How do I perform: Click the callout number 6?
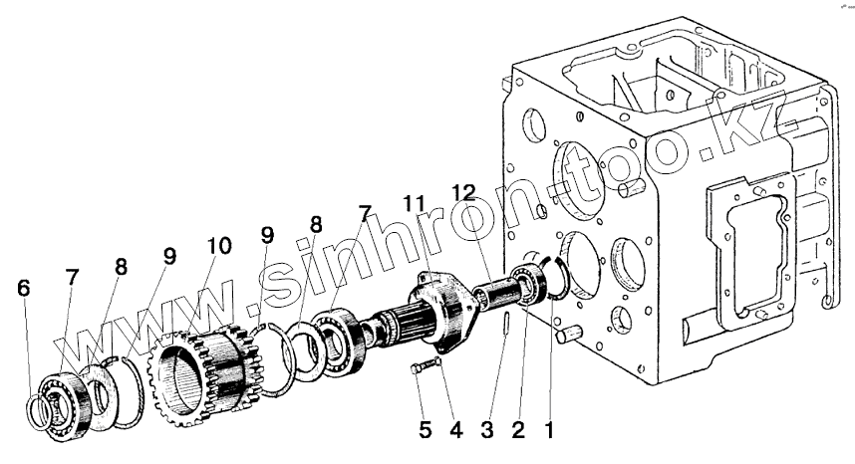[24, 288]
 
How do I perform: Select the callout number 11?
[414, 204]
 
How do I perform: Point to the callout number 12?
[463, 192]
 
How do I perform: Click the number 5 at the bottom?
[426, 430]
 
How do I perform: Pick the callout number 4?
[455, 430]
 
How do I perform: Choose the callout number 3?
[487, 430]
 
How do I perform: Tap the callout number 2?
[518, 430]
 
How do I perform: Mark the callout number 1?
[549, 430]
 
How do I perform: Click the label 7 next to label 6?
[73, 278]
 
